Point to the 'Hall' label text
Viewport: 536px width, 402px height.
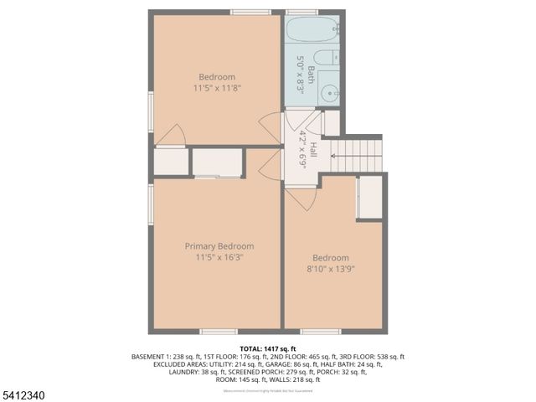coord(313,151)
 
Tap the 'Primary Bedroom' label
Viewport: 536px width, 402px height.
coord(219,246)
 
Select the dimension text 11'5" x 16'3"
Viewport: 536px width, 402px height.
coord(219,258)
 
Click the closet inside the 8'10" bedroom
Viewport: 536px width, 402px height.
coord(369,198)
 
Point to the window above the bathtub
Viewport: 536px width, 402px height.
coord(301,12)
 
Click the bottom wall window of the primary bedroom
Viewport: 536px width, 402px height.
coord(219,332)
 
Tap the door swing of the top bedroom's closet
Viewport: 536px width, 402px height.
coord(173,135)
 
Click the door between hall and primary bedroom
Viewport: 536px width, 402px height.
coord(271,167)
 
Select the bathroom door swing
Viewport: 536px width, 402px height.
coord(309,123)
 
